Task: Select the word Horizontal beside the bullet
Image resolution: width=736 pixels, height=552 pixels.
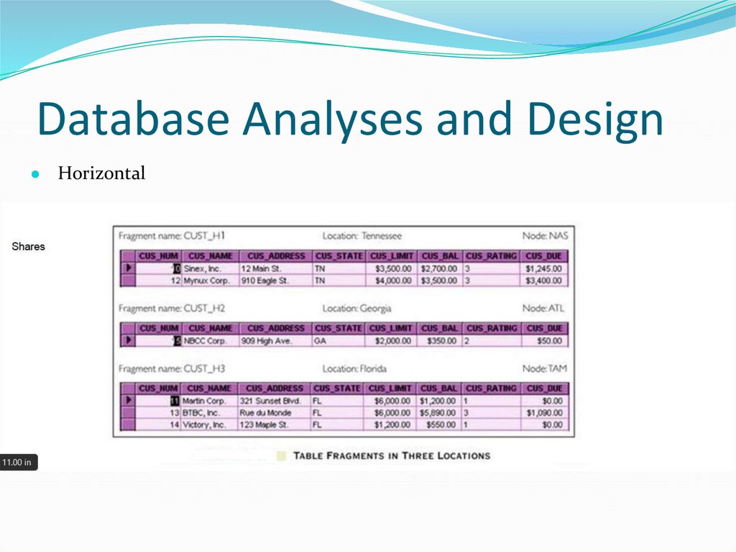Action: [x=101, y=173]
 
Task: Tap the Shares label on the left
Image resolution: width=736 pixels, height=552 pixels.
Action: [x=29, y=246]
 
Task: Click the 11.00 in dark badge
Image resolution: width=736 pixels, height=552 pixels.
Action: [x=18, y=462]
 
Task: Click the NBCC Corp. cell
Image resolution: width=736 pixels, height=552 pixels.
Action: [x=205, y=341]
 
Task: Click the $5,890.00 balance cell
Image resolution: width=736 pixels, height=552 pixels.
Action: [x=438, y=413]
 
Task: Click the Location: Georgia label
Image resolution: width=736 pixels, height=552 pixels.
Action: [x=356, y=308]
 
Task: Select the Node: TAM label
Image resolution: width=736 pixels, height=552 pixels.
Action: [x=544, y=368]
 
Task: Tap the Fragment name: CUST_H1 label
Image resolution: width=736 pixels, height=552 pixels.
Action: [x=172, y=235]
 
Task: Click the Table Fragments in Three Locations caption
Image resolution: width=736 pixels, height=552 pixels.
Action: [x=392, y=456]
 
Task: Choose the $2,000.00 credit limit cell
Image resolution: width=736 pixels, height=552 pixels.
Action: [x=392, y=341]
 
